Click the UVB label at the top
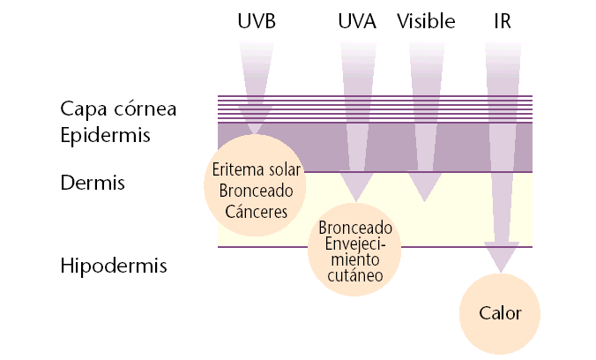point(257,21)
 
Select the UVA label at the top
point(357,21)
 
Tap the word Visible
point(428,21)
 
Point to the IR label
point(503,21)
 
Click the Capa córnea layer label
point(119,109)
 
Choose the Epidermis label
point(106,135)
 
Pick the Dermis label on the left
point(93,184)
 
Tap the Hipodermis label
point(114,265)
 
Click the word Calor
point(501,313)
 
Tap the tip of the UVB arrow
point(256,135)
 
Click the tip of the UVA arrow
point(356,201)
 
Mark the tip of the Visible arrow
point(425,200)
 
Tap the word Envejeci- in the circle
point(355,244)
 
